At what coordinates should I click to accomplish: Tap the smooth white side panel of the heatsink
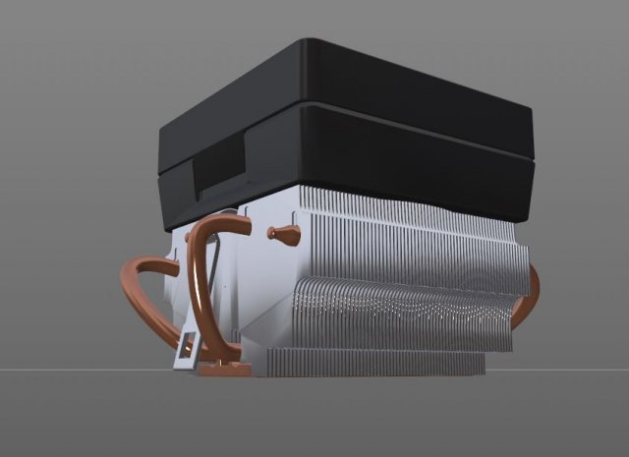(x=260, y=295)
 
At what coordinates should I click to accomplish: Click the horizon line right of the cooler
(x=580, y=371)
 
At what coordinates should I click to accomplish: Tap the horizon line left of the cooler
(x=59, y=371)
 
